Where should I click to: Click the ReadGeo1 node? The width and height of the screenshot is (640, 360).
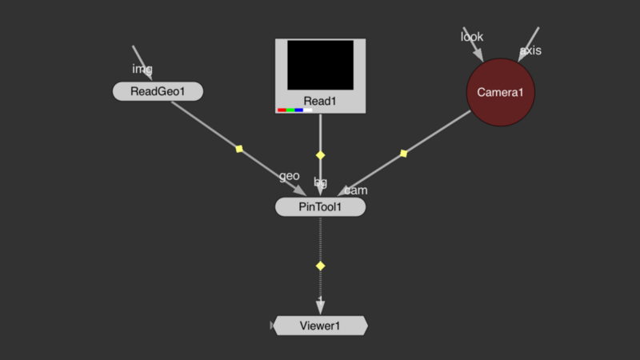(158, 91)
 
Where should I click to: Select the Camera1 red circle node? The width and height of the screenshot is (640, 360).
(500, 92)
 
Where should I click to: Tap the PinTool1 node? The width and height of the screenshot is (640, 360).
(320, 207)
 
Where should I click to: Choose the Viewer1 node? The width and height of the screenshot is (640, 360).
(320, 326)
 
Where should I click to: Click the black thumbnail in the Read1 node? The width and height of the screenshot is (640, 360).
(320, 65)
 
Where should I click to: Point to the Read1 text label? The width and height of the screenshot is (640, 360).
(320, 101)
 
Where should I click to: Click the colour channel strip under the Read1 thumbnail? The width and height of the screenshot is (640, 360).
(294, 110)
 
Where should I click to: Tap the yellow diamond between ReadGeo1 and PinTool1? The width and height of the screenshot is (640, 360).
(238, 148)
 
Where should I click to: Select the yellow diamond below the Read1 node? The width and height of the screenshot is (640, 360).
(321, 154)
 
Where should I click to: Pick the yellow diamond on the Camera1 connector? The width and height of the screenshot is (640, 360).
(403, 153)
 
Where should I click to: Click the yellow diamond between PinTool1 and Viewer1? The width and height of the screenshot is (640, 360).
(321, 265)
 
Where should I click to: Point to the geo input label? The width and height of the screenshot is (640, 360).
(289, 176)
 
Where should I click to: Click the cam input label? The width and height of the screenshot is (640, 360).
(356, 190)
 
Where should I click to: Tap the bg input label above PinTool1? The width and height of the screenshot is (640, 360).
(320, 182)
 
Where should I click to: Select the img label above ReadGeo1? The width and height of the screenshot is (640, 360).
(142, 69)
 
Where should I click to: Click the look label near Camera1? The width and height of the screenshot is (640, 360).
(472, 37)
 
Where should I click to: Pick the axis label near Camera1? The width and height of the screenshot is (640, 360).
(530, 51)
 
